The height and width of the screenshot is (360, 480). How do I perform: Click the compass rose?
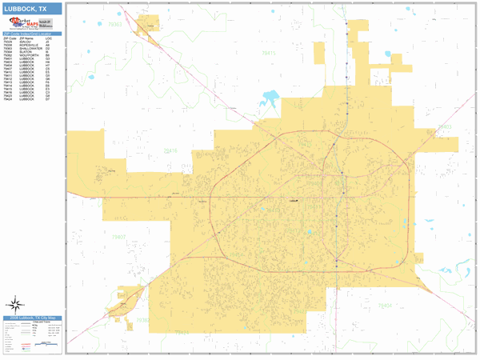pyautogui.click(x=15, y=304)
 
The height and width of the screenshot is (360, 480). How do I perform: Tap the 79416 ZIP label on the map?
pyautogui.click(x=170, y=150)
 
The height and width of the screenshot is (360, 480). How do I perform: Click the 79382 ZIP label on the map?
pyautogui.click(x=143, y=320)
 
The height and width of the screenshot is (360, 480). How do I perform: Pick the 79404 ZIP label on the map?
pyautogui.click(x=385, y=306)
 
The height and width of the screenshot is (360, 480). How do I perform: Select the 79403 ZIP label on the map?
pyautogui.click(x=445, y=127)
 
